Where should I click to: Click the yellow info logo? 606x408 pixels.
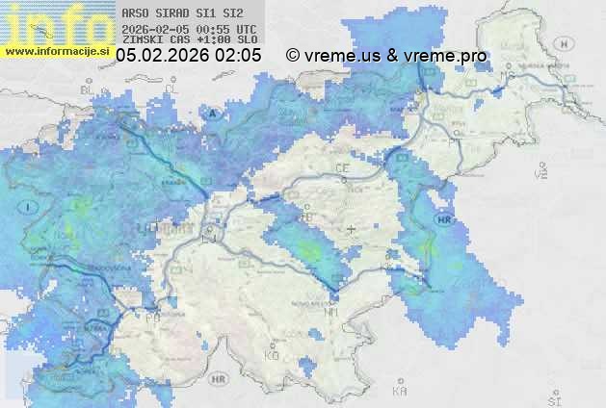56,23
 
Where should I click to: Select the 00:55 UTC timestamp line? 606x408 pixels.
190,29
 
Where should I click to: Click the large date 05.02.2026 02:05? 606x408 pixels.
189,57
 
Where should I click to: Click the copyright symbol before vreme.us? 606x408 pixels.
293,57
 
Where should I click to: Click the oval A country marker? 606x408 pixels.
213,113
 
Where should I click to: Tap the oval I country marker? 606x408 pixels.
30,206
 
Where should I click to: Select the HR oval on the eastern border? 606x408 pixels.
444,220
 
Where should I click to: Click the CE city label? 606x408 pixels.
342,167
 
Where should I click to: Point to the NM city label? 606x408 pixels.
331,312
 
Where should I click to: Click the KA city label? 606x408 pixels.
400,391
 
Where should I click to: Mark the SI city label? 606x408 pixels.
552,397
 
